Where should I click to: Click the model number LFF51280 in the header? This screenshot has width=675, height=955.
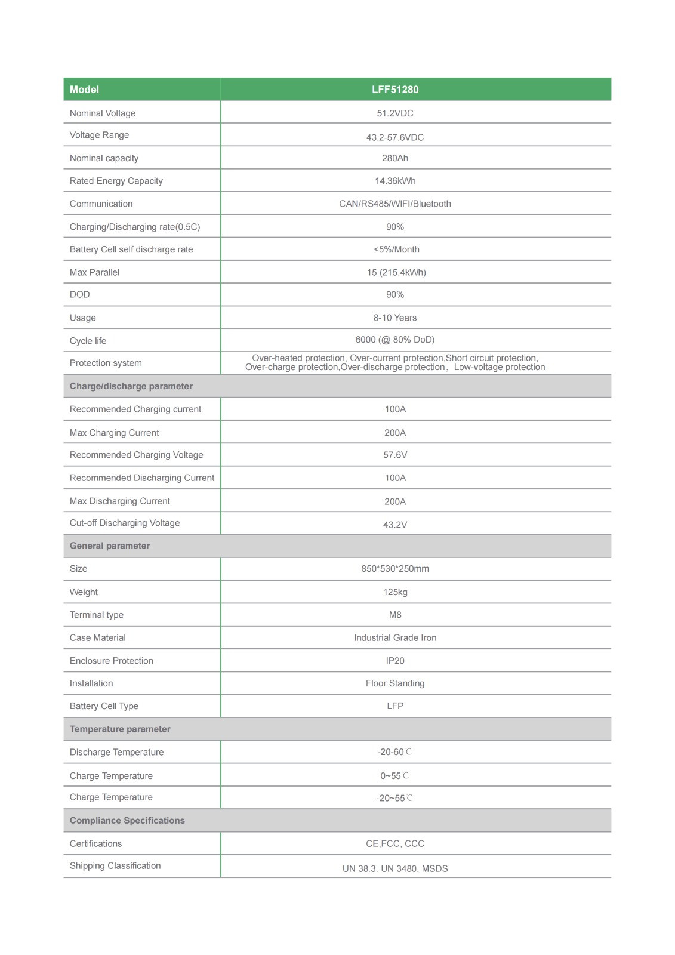click(394, 90)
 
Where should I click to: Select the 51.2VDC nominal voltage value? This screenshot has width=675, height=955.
click(394, 113)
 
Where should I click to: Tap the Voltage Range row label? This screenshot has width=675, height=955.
click(99, 135)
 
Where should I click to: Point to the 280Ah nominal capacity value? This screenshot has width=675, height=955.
click(394, 158)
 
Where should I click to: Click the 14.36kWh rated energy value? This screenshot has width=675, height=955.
click(394, 181)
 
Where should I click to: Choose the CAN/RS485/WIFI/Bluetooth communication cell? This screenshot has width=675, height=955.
click(394, 204)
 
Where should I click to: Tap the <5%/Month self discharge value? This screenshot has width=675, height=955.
click(396, 249)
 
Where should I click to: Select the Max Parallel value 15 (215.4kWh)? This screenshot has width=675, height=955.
click(396, 272)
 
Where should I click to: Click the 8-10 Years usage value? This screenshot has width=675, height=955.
click(394, 318)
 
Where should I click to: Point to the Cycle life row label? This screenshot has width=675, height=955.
click(88, 341)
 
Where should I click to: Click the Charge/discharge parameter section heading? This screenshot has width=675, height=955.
click(131, 386)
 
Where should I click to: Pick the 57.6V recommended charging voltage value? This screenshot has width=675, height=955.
click(394, 455)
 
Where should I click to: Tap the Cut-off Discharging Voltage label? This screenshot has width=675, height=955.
click(124, 523)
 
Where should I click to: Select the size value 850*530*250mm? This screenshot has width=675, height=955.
click(394, 569)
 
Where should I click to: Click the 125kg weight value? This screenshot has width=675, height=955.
click(394, 592)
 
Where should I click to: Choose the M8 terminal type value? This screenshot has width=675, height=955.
click(394, 615)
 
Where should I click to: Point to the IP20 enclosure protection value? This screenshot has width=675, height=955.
click(394, 661)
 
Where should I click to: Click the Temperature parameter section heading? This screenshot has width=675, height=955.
click(120, 729)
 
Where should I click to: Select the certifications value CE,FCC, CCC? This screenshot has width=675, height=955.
click(394, 843)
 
